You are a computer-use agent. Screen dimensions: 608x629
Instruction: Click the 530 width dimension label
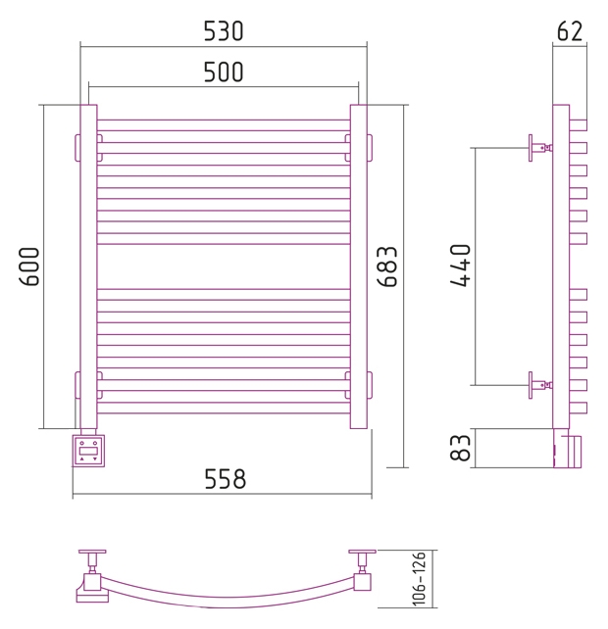coord(224,31)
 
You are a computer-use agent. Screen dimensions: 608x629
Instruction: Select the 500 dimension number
coord(224,73)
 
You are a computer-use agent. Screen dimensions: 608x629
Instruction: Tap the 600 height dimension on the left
coord(29,266)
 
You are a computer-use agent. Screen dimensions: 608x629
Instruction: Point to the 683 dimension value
coord(387,266)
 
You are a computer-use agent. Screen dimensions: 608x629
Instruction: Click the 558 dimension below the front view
coord(225,479)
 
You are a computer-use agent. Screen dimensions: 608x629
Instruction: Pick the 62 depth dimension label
coord(570,31)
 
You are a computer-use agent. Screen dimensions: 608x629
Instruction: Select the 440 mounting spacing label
coord(460,266)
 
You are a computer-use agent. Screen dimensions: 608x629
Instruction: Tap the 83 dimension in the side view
coord(460,448)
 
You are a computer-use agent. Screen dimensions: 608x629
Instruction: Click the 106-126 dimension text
coord(419,578)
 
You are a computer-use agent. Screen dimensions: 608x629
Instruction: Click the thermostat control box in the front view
coord(88,451)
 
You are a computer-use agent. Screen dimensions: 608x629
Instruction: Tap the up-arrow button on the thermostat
coord(82,459)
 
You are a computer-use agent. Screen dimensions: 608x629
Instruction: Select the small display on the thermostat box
coord(88,451)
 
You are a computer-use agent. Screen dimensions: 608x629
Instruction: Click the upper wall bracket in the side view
coord(540,148)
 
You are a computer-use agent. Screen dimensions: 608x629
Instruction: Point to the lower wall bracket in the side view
coord(540,385)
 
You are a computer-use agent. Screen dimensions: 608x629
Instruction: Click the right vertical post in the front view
coord(359,266)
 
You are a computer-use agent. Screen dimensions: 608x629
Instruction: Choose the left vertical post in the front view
coord(89,266)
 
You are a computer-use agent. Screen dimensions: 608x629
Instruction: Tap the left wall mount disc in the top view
coord(92,553)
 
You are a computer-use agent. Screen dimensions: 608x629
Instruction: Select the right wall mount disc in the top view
coord(362,553)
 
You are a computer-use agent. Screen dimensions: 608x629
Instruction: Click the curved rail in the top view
coord(225,602)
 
